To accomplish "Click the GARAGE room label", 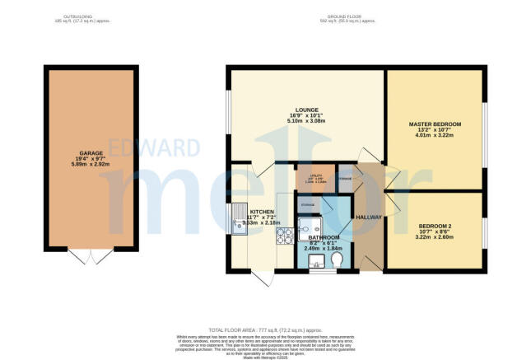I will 91,153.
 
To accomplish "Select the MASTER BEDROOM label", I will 435,124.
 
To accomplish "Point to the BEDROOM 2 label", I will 435,225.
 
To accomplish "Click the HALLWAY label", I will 368,217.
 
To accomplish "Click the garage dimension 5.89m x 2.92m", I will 91,165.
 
